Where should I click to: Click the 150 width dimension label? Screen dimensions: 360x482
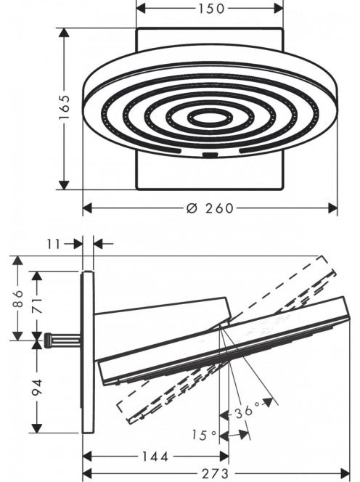(x=211, y=9)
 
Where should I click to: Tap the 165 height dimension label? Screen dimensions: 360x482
(x=65, y=107)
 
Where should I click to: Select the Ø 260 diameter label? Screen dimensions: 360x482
(x=210, y=208)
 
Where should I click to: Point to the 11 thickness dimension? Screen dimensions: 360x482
(x=54, y=245)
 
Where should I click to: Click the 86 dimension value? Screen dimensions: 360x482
(x=18, y=298)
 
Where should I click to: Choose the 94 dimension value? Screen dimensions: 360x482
(x=37, y=387)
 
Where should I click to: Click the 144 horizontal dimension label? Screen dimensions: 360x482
(x=155, y=457)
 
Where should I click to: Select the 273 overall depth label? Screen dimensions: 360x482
(x=215, y=473)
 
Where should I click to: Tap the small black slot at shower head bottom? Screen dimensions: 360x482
(x=210, y=155)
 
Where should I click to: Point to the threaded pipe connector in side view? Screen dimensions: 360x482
(x=62, y=340)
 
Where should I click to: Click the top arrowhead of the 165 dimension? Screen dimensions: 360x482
(x=64, y=33)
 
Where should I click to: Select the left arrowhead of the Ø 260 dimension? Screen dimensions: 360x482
(x=88, y=208)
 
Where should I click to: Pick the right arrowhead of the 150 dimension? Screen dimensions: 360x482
(x=278, y=9)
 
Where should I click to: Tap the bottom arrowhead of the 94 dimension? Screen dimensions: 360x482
(x=37, y=428)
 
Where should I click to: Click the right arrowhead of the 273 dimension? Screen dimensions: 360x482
(x=345, y=473)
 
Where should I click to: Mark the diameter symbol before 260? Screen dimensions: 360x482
(x=191, y=208)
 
